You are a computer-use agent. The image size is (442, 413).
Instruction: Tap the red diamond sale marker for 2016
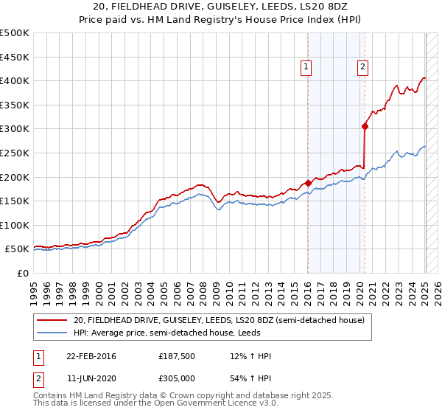(308, 183)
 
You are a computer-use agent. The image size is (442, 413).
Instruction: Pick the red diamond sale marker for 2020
(365, 126)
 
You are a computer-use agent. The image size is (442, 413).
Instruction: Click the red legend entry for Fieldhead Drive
(219, 320)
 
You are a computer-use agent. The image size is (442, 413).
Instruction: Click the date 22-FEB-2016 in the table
(91, 356)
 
